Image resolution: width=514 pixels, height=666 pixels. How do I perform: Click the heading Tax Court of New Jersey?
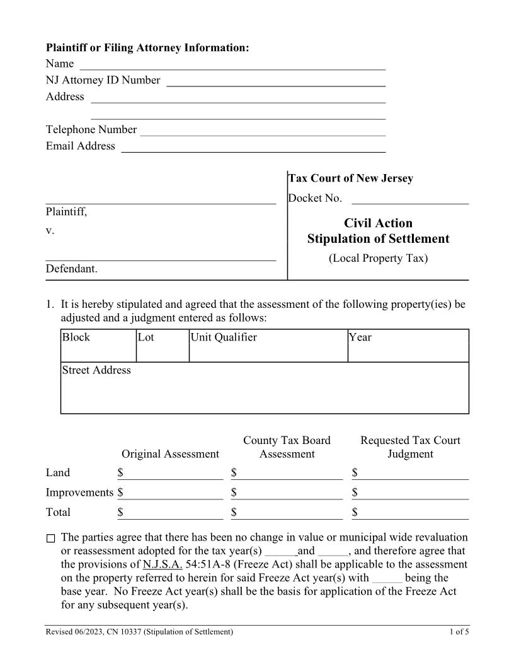click(351, 178)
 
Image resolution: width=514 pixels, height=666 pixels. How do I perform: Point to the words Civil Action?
click(378, 223)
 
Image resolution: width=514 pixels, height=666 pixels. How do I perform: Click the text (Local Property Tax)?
click(378, 259)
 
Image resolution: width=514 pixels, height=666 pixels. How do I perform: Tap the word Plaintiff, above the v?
click(66, 212)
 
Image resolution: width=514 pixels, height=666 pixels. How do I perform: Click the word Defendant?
click(71, 269)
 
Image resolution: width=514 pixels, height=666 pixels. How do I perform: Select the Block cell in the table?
click(98, 346)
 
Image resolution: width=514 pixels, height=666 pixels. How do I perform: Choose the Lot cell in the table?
click(163, 346)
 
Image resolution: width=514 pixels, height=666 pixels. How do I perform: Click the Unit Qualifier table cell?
click(268, 346)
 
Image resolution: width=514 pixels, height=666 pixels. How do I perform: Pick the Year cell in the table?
click(408, 346)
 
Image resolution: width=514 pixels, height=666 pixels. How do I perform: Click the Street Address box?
click(265, 388)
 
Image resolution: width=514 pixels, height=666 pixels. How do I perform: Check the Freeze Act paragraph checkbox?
click(51, 539)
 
